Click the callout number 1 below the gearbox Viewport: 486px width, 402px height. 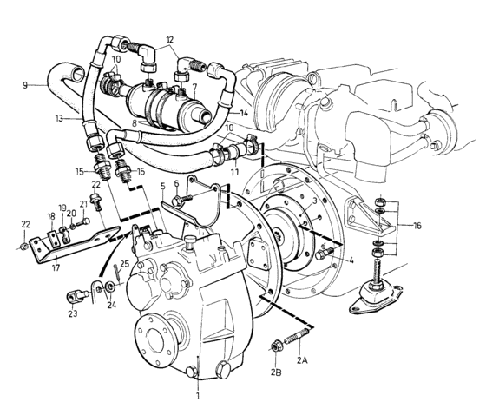pos(198,395)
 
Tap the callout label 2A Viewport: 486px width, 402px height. pos(302,360)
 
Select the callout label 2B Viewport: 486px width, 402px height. pos(276,372)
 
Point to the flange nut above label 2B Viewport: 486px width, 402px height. pos(275,346)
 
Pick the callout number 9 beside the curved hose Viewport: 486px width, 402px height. pos(25,85)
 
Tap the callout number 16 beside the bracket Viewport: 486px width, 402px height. pos(417,226)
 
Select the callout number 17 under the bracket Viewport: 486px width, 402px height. pos(56,267)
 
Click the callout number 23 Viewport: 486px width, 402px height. pos(73,314)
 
